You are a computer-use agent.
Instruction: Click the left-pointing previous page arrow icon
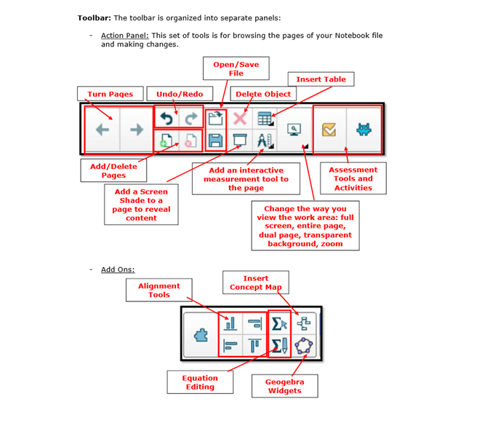pyautogui.click(x=103, y=130)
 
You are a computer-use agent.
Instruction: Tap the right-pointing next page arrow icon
pyautogui.click(x=137, y=130)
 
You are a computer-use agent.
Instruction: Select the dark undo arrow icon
pyautogui.click(x=167, y=119)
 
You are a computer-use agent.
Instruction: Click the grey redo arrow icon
pyautogui.click(x=191, y=119)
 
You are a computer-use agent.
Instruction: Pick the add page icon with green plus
pyautogui.click(x=166, y=141)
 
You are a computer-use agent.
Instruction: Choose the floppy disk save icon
pyautogui.click(x=216, y=141)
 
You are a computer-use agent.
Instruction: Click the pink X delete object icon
pyautogui.click(x=240, y=119)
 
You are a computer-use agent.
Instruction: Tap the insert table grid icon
pyautogui.click(x=265, y=119)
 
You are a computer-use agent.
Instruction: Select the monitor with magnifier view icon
pyautogui.click(x=294, y=130)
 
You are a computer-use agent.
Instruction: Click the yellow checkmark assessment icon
pyautogui.click(x=329, y=130)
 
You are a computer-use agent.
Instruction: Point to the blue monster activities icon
pyautogui.click(x=364, y=130)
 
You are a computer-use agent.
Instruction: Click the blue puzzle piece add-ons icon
pyautogui.click(x=201, y=335)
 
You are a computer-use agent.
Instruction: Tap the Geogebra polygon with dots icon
pyautogui.click(x=304, y=346)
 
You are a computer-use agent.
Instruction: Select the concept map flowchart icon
pyautogui.click(x=304, y=323)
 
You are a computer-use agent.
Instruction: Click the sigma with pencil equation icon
pyautogui.click(x=279, y=346)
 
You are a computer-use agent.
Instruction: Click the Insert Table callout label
pyautogui.click(x=321, y=79)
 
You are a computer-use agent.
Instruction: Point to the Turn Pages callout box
pyautogui.click(x=111, y=94)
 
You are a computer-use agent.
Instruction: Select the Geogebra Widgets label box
pyautogui.click(x=285, y=386)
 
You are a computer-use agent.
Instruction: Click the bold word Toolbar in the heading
pyautogui.click(x=95, y=18)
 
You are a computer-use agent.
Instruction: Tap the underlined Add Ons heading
pyautogui.click(x=118, y=269)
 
